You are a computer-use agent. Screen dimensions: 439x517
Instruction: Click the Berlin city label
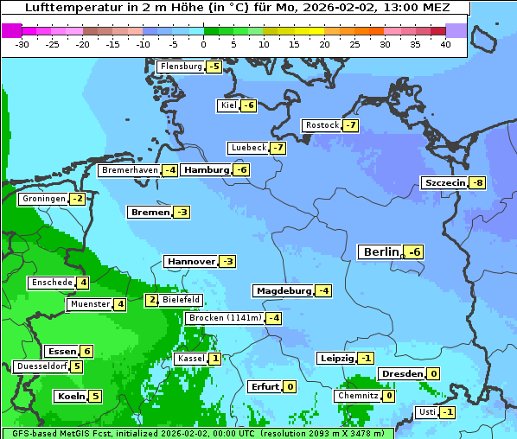click(x=381, y=251)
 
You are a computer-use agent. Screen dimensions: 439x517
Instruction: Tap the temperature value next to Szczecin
click(x=477, y=182)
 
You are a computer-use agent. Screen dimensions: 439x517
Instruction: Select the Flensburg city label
click(x=181, y=67)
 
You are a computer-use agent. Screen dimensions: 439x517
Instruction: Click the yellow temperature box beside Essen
click(x=86, y=351)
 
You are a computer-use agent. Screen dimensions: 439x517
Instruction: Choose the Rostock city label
click(x=322, y=125)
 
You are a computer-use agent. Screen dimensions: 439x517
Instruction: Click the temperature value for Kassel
click(x=214, y=359)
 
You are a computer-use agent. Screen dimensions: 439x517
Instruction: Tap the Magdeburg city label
click(x=283, y=290)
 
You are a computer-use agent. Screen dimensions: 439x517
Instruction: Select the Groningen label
click(x=43, y=199)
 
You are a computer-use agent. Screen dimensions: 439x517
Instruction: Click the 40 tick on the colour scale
click(x=445, y=43)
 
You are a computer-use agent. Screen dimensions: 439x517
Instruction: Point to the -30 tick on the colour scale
click(x=22, y=43)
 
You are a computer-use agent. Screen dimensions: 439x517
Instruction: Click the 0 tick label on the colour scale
click(x=203, y=43)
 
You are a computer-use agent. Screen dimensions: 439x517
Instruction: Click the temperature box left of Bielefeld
click(x=152, y=300)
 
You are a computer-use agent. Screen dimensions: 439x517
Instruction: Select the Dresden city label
click(x=401, y=373)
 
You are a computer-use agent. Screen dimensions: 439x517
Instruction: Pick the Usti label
click(x=426, y=412)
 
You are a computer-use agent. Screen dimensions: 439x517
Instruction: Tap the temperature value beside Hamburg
click(x=242, y=169)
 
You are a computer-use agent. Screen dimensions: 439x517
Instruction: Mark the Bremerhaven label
click(x=129, y=170)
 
